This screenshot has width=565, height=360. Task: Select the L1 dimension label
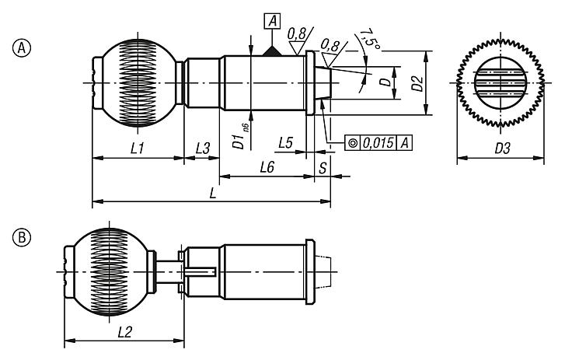[137, 147]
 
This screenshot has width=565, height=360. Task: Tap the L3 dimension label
[202, 147]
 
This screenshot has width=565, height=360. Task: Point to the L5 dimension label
[285, 143]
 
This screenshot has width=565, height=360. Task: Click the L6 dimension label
[267, 167]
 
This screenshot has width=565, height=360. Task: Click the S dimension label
[322, 167]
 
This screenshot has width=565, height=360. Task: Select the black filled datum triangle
[271, 50]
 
